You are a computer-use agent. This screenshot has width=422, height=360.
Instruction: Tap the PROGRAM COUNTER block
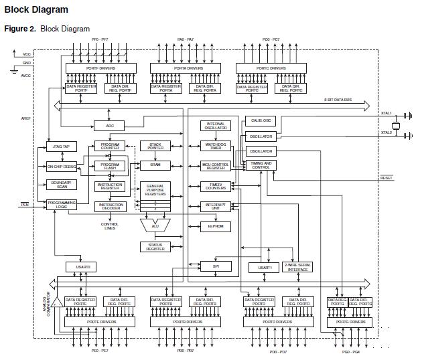111,146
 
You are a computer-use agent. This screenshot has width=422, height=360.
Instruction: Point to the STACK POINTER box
155,146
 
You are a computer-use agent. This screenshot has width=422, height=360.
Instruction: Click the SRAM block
155,165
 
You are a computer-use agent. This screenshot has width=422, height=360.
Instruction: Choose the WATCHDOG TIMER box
216,146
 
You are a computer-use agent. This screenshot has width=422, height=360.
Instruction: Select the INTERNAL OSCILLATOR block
216,126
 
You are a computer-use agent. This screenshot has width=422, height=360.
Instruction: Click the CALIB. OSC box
261,120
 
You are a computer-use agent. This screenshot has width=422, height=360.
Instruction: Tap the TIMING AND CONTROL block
261,165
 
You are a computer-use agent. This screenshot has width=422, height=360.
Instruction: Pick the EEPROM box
216,227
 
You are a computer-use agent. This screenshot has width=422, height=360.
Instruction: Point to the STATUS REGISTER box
155,247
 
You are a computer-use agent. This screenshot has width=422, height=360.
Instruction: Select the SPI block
216,266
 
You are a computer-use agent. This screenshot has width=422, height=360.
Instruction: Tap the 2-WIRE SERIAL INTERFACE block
297,267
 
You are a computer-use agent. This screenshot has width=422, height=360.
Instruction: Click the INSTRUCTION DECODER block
111,206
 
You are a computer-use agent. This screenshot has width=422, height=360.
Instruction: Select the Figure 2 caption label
47,29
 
